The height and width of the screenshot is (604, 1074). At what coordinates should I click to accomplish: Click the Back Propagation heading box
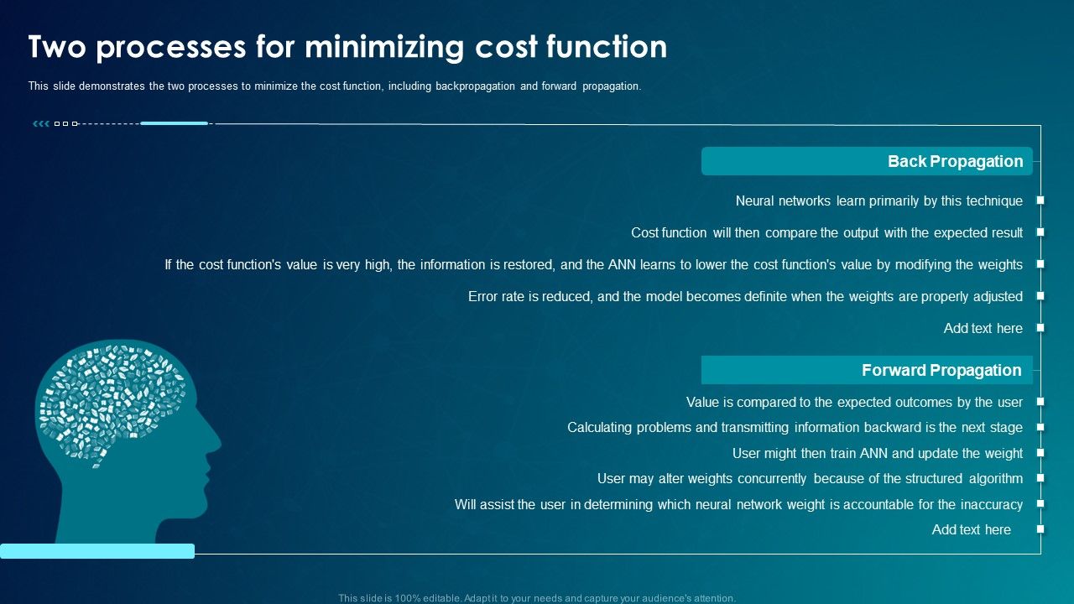pyautogui.click(x=867, y=161)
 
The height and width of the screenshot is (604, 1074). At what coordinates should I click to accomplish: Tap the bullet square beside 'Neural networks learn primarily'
pyautogui.click(x=1040, y=200)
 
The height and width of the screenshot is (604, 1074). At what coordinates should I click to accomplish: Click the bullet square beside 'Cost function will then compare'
pyautogui.click(x=1040, y=232)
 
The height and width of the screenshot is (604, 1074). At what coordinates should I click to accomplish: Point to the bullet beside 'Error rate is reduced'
pyautogui.click(x=1040, y=296)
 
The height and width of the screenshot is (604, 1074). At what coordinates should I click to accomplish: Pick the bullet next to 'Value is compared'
pyautogui.click(x=1040, y=402)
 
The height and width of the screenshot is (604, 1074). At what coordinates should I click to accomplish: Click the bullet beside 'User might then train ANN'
pyautogui.click(x=1040, y=453)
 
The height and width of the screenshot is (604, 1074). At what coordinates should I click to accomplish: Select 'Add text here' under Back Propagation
pyautogui.click(x=983, y=328)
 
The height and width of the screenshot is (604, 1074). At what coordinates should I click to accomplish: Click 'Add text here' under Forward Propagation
pyautogui.click(x=971, y=529)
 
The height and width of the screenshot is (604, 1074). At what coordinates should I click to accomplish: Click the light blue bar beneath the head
pyautogui.click(x=97, y=551)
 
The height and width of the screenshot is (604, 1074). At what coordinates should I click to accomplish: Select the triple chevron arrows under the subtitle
pyautogui.click(x=40, y=124)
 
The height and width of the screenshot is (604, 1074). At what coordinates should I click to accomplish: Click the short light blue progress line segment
pyautogui.click(x=174, y=123)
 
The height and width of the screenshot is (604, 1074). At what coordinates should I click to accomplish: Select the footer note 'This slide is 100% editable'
pyautogui.click(x=537, y=598)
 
